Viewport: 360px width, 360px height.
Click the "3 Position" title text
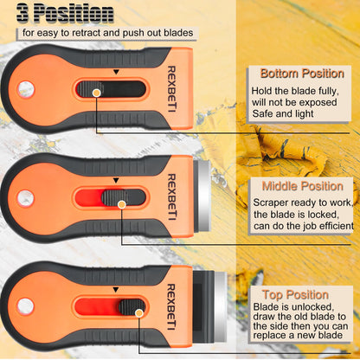coord(65,13)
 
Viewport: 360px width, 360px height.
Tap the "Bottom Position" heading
coord(302,74)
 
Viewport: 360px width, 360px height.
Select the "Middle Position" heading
coord(303,186)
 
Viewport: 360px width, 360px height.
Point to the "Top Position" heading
coord(295,295)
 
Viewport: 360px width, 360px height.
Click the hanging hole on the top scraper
coord(26,89)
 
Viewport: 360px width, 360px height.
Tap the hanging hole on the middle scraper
coord(26,198)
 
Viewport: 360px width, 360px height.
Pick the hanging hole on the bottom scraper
coord(26,306)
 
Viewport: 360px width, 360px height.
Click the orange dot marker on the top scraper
coord(96,93)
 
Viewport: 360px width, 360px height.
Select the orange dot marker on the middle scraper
coord(122,204)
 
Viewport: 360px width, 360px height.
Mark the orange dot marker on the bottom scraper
coord(139,313)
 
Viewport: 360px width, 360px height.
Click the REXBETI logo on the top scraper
coord(171,89)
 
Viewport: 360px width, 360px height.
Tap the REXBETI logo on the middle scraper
coord(171,197)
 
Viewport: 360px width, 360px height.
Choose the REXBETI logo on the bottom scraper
coord(171,307)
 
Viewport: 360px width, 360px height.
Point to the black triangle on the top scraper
coord(116,72)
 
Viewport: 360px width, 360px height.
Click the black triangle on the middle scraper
coord(116,181)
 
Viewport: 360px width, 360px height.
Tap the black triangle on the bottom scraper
coord(116,290)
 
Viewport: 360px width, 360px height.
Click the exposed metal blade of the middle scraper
coord(204,196)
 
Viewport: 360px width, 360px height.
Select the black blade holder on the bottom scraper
coord(203,305)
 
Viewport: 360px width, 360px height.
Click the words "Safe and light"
coord(283,113)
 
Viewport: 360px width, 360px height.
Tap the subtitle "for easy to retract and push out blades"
coord(107,33)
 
